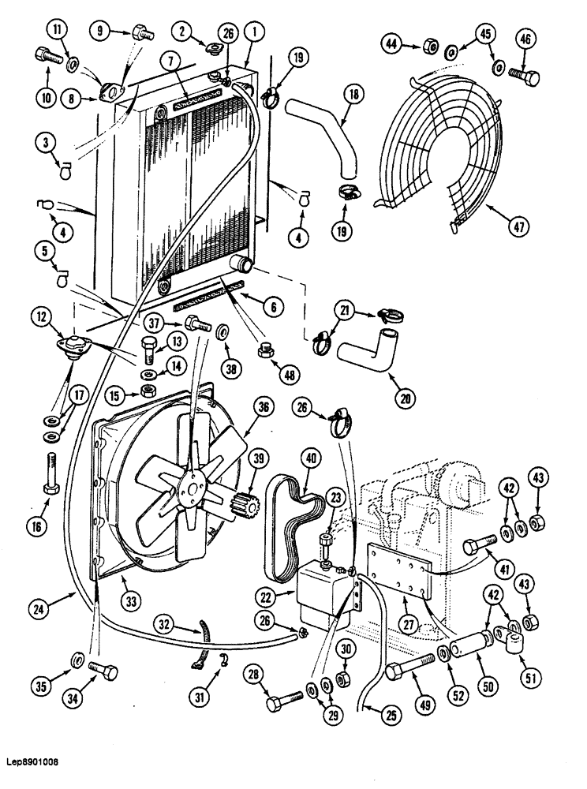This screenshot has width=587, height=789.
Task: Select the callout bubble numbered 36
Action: pyautogui.click(x=263, y=408)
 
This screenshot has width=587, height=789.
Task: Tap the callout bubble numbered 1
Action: pyautogui.click(x=252, y=34)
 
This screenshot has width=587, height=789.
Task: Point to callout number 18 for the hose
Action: pyautogui.click(x=353, y=94)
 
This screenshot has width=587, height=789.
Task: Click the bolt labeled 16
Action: pyautogui.click(x=51, y=475)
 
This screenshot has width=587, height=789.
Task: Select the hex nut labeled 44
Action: pyautogui.click(x=432, y=47)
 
